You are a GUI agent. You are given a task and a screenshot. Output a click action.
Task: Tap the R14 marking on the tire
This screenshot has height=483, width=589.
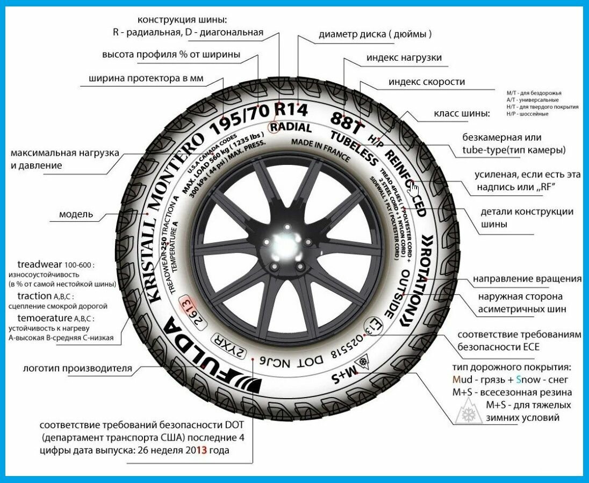point(291,110)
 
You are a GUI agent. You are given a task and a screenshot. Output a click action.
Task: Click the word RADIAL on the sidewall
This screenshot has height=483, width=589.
point(291,127)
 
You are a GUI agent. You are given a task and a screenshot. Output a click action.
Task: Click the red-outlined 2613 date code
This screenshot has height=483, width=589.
point(189,311)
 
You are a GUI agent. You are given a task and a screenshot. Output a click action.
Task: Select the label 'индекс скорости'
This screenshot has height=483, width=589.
point(427,82)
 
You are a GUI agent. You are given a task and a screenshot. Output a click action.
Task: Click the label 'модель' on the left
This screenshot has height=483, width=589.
point(76,214)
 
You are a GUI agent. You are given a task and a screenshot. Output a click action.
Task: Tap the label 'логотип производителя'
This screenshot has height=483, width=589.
point(77,369)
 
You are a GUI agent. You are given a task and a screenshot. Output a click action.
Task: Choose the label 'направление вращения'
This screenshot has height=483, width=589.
point(527,279)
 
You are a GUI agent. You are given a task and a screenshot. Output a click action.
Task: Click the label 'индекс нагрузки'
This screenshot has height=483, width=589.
point(404,57)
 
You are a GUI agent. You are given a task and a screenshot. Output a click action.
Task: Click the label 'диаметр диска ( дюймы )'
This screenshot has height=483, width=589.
point(375,34)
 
